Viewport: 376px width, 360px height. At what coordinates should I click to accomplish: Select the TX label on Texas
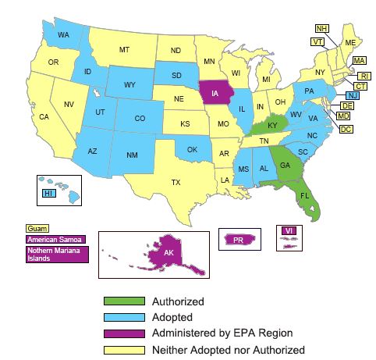click(176, 183)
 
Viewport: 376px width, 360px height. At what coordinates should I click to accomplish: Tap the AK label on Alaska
click(168, 253)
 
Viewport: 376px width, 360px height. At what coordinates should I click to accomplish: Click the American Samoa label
click(54, 238)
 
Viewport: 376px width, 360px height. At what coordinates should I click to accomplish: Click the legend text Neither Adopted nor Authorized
click(229, 350)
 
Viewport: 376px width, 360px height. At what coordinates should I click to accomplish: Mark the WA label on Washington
click(63, 36)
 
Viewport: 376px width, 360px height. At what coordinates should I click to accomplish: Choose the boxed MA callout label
click(360, 60)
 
